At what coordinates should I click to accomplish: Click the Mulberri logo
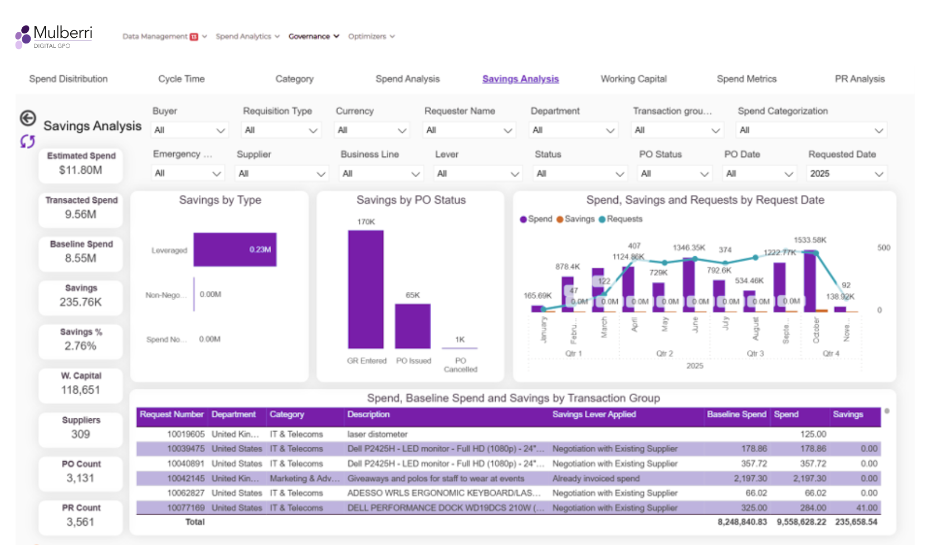[53, 36]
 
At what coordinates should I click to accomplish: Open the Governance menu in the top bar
[313, 36]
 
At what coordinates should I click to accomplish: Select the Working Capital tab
[633, 79]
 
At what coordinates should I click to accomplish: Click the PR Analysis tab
[859, 79]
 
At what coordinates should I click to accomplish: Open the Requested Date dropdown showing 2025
[846, 174]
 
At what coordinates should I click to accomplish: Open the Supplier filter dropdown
[281, 174]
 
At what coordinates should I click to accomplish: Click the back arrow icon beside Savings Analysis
[28, 118]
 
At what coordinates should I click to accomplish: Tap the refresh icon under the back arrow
[27, 141]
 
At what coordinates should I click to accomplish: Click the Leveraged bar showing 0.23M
[235, 250]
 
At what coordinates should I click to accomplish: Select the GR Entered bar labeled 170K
[365, 290]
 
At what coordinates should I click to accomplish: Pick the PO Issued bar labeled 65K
[412, 326]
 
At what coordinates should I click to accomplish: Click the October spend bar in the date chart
[809, 281]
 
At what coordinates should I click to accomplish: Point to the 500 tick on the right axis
[883, 247]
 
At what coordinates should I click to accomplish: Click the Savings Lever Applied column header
[594, 414]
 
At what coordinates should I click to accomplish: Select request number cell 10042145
[185, 478]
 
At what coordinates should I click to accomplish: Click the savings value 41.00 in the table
[866, 508]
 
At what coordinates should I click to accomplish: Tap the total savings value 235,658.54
[856, 522]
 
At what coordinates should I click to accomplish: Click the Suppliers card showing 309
[81, 428]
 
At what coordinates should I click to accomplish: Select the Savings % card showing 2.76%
[81, 340]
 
